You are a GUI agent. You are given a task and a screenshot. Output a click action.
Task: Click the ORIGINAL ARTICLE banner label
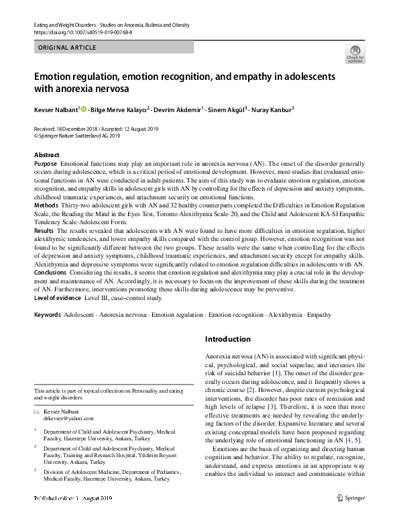pos(68,48)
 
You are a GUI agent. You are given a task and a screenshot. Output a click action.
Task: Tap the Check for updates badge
pos(355,54)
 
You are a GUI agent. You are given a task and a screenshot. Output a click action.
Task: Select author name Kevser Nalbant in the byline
pos(56,109)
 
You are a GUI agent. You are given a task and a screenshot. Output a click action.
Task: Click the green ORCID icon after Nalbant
pos(83,109)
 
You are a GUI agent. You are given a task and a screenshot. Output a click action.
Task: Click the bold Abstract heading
pos(46,155)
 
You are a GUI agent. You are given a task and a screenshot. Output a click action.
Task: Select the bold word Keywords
pos(48,314)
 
